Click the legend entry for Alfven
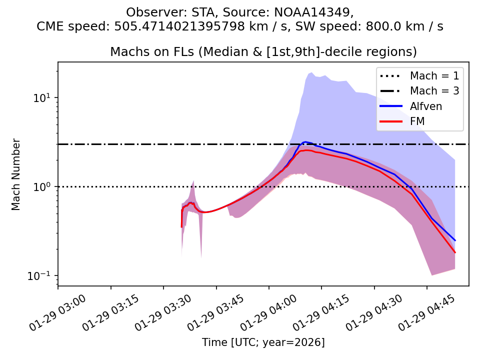pyautogui.click(x=425, y=106)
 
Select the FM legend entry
pyautogui.click(x=418, y=121)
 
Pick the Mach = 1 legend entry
pyautogui.click(x=434, y=76)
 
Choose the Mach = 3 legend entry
pyautogui.click(x=434, y=91)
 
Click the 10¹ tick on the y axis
pyautogui.click(x=44, y=97)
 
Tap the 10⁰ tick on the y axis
pyautogui.click(x=44, y=187)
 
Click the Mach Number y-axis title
pyautogui.click(x=16, y=174)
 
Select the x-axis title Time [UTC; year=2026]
pyautogui.click(x=263, y=342)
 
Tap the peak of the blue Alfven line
pyautogui.click(x=305, y=142)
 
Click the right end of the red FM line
pyautogui.click(x=455, y=252)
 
